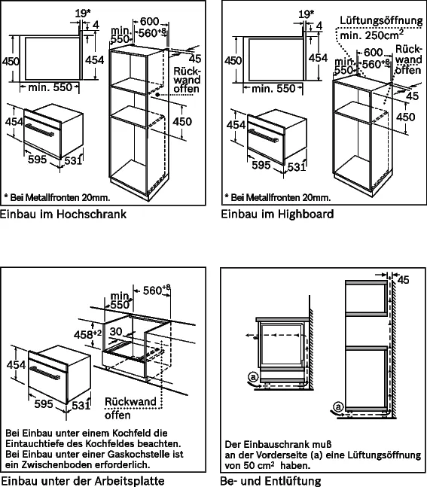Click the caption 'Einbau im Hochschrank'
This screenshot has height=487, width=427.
[x=63, y=215]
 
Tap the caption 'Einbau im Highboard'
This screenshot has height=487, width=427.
[x=277, y=215]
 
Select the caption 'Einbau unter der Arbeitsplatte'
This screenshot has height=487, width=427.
[x=83, y=481]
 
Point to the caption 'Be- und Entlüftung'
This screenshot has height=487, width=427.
[x=270, y=481]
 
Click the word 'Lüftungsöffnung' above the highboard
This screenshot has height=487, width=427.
[x=381, y=20]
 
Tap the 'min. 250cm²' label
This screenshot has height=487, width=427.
[x=372, y=35]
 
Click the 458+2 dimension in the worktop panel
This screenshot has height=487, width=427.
[x=87, y=334]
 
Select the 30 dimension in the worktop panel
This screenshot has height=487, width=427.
[x=116, y=331]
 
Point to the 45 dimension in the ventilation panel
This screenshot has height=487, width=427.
[x=403, y=280]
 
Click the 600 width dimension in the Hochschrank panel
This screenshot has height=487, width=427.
[x=149, y=21]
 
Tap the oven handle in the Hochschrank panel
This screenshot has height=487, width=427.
[x=39, y=129]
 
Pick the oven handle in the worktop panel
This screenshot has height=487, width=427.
[x=44, y=372]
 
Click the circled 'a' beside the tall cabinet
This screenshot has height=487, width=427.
[x=338, y=406]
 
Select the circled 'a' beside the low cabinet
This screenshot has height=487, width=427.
[x=253, y=377]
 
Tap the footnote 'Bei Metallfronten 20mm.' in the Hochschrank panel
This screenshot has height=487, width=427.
[x=57, y=197]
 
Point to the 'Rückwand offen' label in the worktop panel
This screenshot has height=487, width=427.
[x=130, y=408]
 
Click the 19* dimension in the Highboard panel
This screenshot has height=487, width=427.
[x=306, y=14]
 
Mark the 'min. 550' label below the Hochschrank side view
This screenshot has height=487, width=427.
[x=50, y=87]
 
